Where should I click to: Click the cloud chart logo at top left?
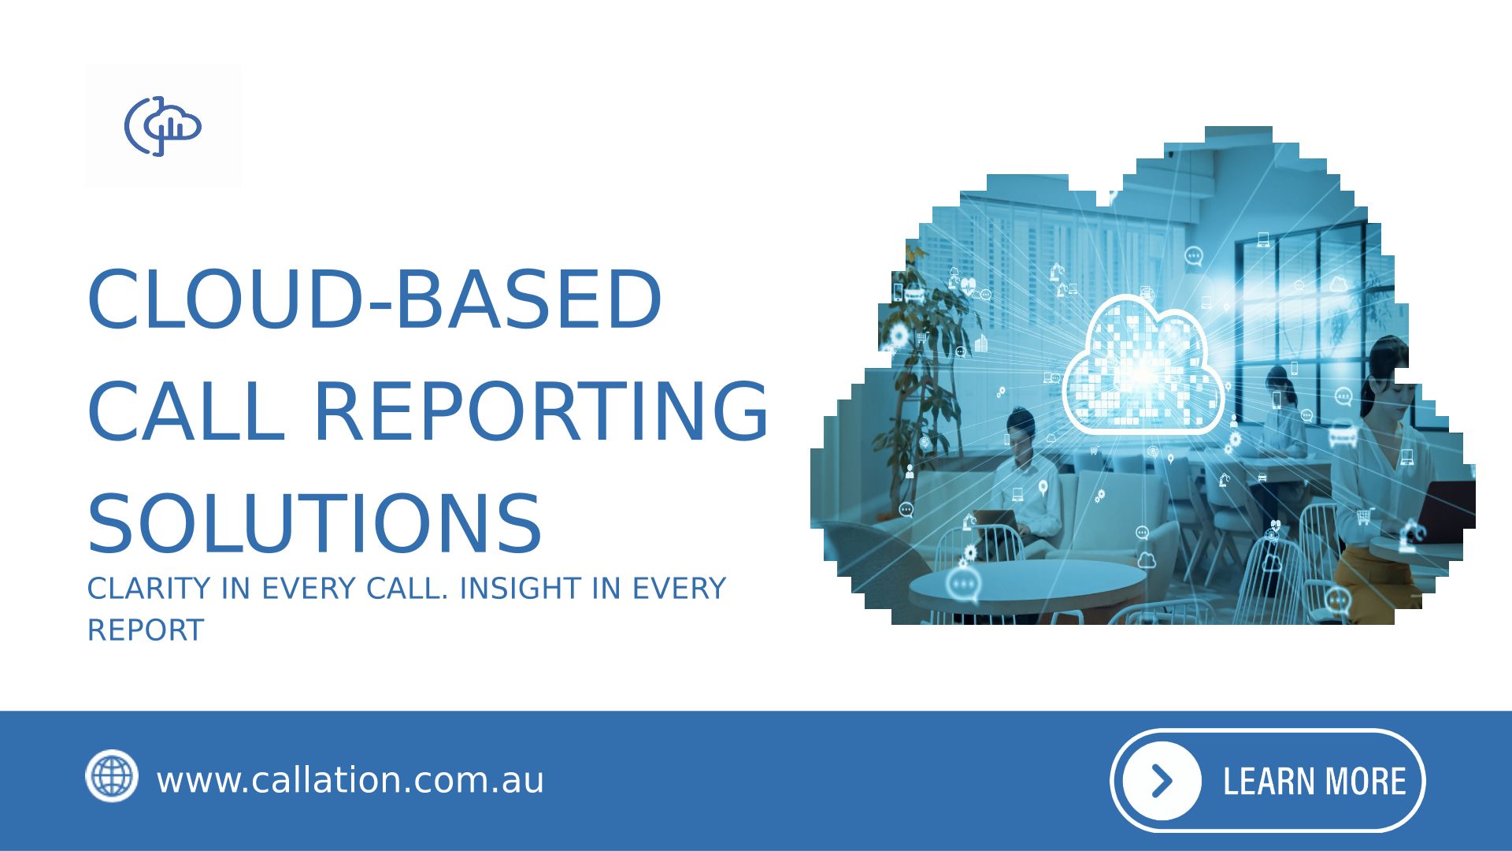[x=163, y=126]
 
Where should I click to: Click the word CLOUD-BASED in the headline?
[x=375, y=300]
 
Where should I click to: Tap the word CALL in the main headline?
[x=186, y=411]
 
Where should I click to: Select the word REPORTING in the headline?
[x=541, y=411]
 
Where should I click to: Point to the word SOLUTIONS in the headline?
[x=315, y=524]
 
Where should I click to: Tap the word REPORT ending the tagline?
[x=146, y=630]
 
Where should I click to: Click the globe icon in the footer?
[x=112, y=776]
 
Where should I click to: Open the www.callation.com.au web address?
[x=350, y=780]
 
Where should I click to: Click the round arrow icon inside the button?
[x=1162, y=781]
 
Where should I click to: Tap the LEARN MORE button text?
[x=1314, y=782]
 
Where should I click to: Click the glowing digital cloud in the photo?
[x=1143, y=366]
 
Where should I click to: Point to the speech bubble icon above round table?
[x=962, y=585]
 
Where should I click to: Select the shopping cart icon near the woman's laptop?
[x=1365, y=516]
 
